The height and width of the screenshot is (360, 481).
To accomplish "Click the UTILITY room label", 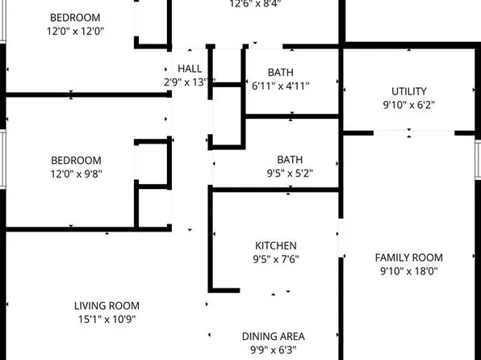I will (x=408, y=91).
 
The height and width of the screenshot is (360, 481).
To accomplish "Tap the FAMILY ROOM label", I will (x=408, y=257).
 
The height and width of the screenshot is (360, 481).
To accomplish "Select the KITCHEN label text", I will (x=276, y=245).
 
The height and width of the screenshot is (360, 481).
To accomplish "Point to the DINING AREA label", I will (x=274, y=336).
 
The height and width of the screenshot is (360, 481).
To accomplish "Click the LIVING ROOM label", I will (x=107, y=305).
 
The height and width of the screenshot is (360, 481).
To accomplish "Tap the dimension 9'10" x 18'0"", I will (x=408, y=271).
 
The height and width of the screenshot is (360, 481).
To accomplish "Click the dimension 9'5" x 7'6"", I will (x=276, y=259).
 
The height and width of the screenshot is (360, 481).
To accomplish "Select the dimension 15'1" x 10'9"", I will (x=107, y=319).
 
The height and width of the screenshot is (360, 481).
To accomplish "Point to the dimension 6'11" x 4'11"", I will (x=281, y=85).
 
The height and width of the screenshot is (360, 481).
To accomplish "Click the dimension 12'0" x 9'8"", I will (x=76, y=173).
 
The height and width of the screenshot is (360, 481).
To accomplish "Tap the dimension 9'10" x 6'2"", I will (x=408, y=105).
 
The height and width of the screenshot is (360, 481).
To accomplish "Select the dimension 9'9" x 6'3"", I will (x=274, y=350).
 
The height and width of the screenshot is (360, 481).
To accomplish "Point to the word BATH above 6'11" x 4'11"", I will (x=281, y=71).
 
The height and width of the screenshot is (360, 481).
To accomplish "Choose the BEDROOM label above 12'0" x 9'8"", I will (x=76, y=160).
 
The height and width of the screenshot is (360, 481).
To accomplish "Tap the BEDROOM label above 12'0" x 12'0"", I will (x=76, y=17).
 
